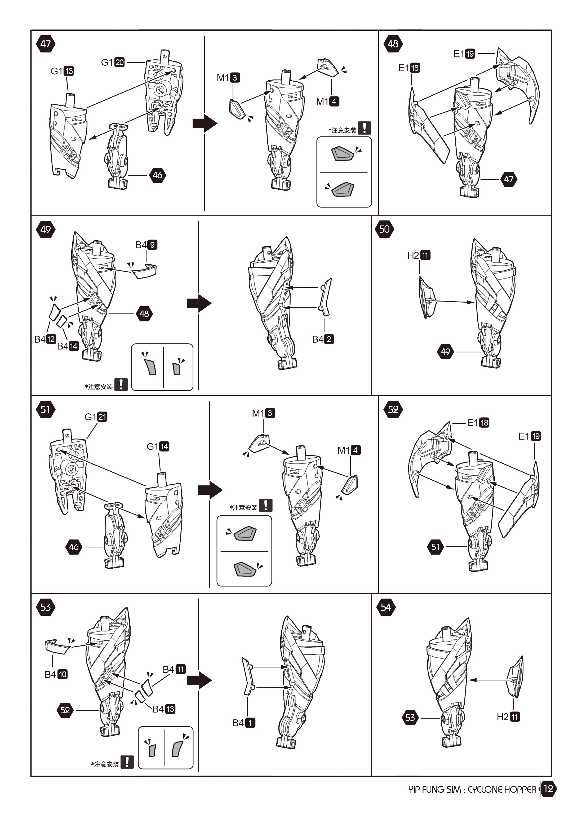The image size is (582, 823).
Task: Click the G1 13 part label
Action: (62, 71)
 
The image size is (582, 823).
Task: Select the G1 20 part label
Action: (113, 62)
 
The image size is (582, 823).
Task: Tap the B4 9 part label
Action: (146, 245)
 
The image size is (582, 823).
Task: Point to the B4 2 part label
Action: (323, 339)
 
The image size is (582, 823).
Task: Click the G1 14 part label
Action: (158, 447)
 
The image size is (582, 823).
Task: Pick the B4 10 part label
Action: (56, 674)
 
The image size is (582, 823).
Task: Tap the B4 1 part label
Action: (244, 723)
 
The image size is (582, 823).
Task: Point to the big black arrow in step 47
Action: (205, 124)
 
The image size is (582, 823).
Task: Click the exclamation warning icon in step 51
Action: (265, 505)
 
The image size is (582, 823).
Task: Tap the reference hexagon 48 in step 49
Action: (144, 314)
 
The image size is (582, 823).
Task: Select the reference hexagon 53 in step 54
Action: (410, 718)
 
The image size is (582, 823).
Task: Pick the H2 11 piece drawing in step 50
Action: (426, 298)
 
